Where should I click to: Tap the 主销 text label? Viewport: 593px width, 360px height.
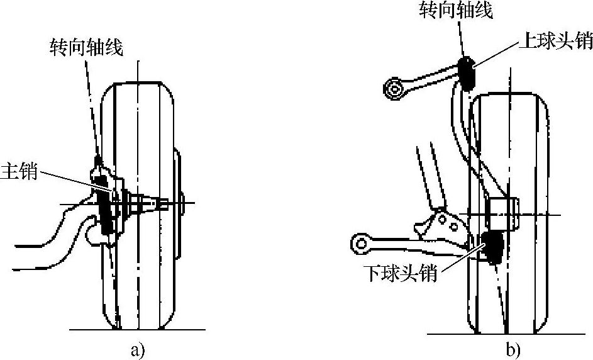click(19, 171)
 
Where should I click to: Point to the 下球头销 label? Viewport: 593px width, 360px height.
click(400, 275)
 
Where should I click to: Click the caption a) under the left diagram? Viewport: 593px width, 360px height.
click(138, 350)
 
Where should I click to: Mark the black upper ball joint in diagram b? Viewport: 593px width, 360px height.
click(466, 70)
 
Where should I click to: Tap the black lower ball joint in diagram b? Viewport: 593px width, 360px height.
click(492, 247)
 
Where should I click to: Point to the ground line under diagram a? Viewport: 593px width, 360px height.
click(138, 330)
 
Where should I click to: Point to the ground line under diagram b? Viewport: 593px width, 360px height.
click(509, 334)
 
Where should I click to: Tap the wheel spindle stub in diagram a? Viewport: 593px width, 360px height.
click(151, 203)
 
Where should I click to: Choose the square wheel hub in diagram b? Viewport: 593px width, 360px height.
click(503, 213)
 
